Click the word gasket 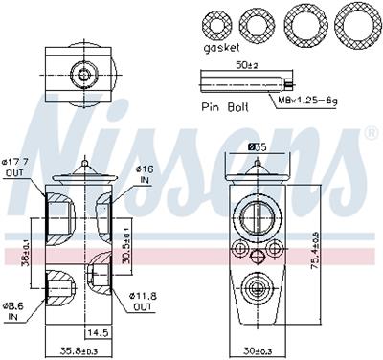[x=222, y=47]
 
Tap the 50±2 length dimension [x=248, y=65]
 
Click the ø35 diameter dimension [x=257, y=146]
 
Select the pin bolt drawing [x=239, y=83]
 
